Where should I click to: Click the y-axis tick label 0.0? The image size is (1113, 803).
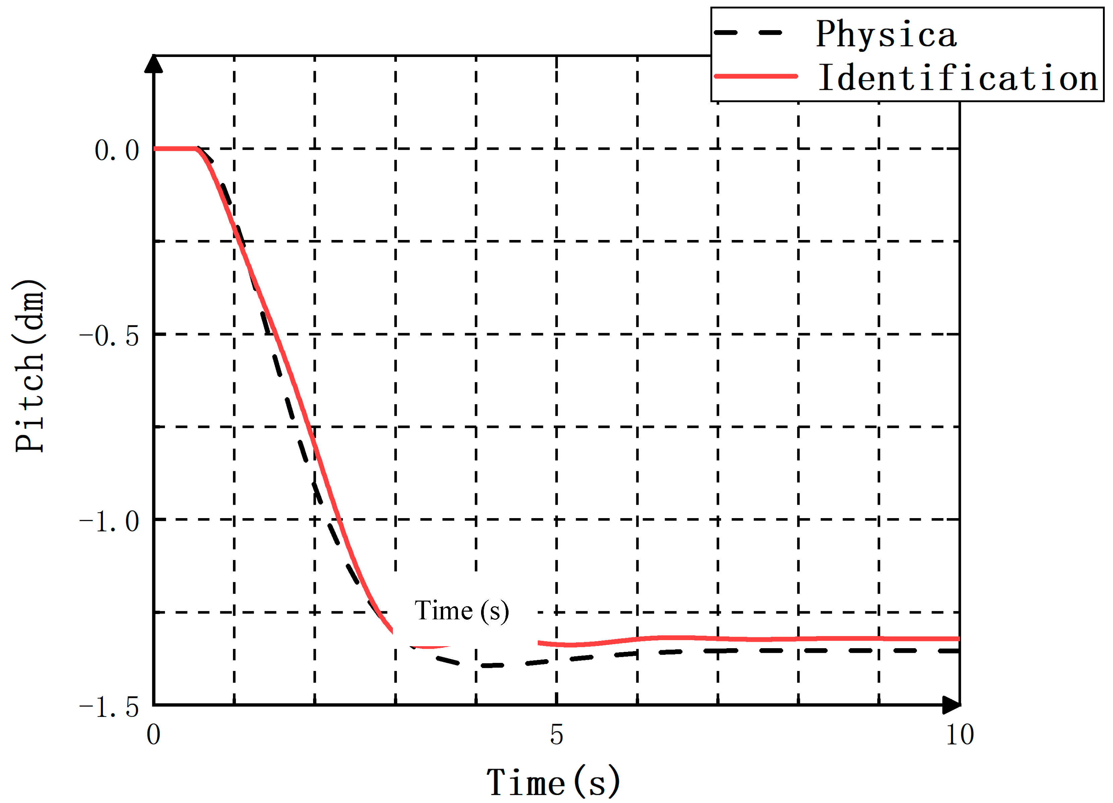(x=117, y=150)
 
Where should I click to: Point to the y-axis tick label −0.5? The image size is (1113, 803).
(x=109, y=336)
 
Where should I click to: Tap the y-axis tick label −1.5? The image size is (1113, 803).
(x=109, y=707)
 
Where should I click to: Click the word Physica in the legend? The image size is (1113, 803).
(x=886, y=34)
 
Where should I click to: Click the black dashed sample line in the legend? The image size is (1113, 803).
(x=748, y=33)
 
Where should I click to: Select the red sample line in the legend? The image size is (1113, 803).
(x=756, y=76)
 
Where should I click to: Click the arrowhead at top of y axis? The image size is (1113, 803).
(x=154, y=64)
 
